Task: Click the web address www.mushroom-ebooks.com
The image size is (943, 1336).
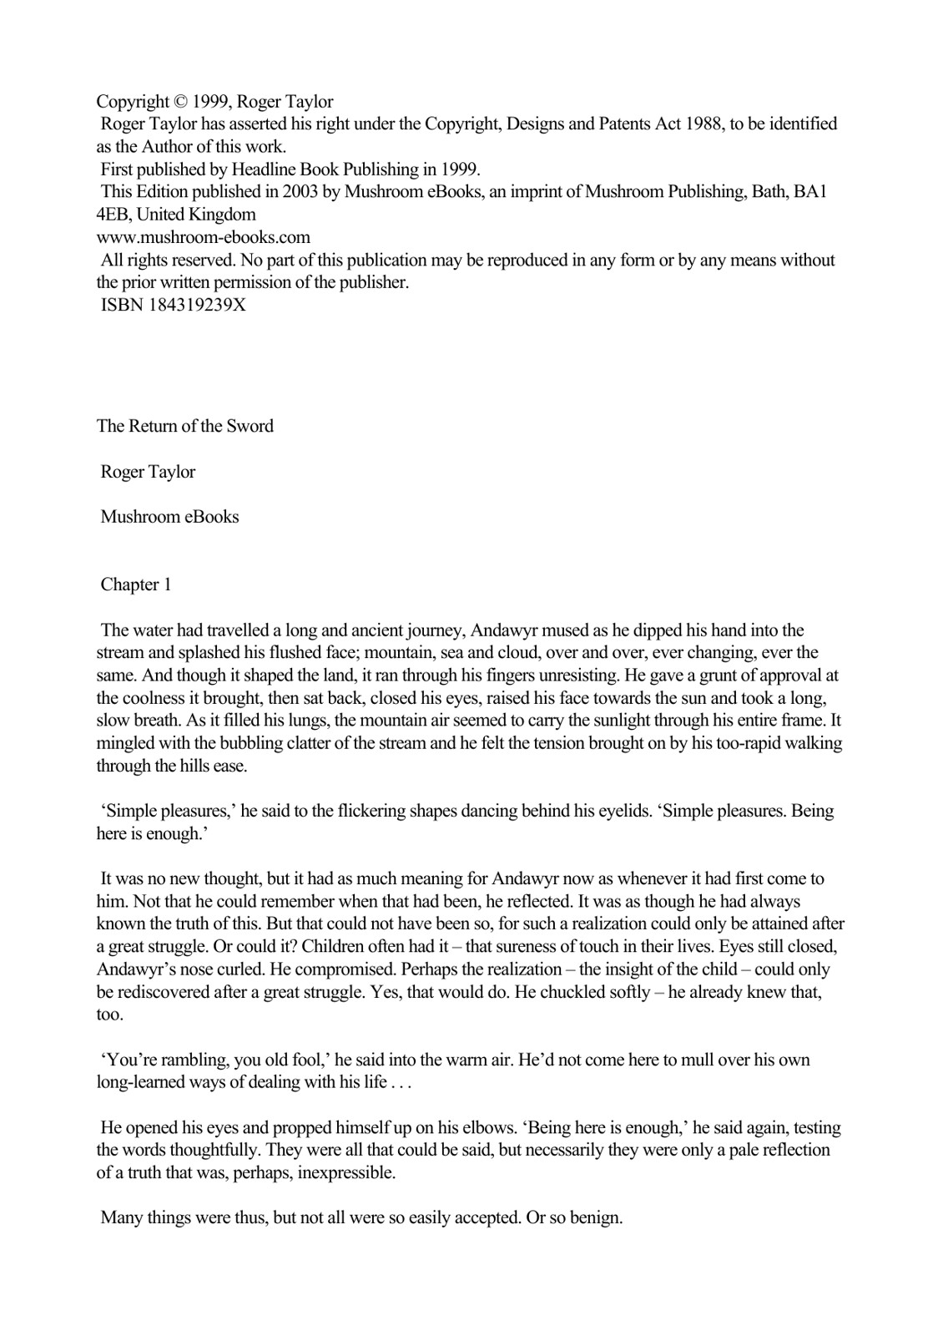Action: [x=204, y=237]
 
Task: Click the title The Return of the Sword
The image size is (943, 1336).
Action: [x=185, y=426]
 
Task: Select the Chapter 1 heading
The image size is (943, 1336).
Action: [x=136, y=584]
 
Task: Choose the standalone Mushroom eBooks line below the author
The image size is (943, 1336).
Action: [x=170, y=517]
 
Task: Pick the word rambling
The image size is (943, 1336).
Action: [x=193, y=1060]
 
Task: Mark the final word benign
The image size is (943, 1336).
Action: [x=596, y=1217]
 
